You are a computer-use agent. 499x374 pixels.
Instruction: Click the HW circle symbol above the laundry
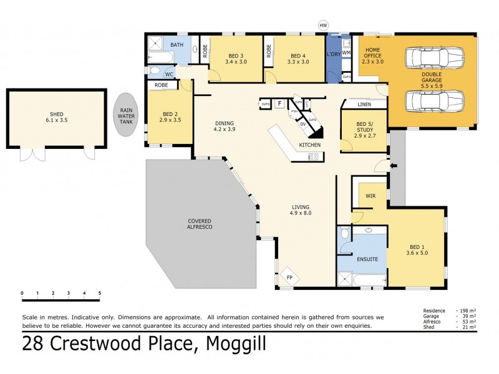tap(322, 25)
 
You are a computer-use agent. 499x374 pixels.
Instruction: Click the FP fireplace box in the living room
tap(289, 277)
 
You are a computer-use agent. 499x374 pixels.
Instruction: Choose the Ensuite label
tap(367, 258)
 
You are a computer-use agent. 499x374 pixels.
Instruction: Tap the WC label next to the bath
tap(168, 74)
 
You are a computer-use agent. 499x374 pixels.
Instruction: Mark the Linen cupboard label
tap(364, 104)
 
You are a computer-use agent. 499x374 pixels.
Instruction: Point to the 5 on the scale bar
tap(99, 293)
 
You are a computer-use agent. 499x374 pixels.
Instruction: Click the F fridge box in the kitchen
tap(279, 103)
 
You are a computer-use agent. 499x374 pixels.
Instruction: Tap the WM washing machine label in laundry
tap(346, 53)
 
